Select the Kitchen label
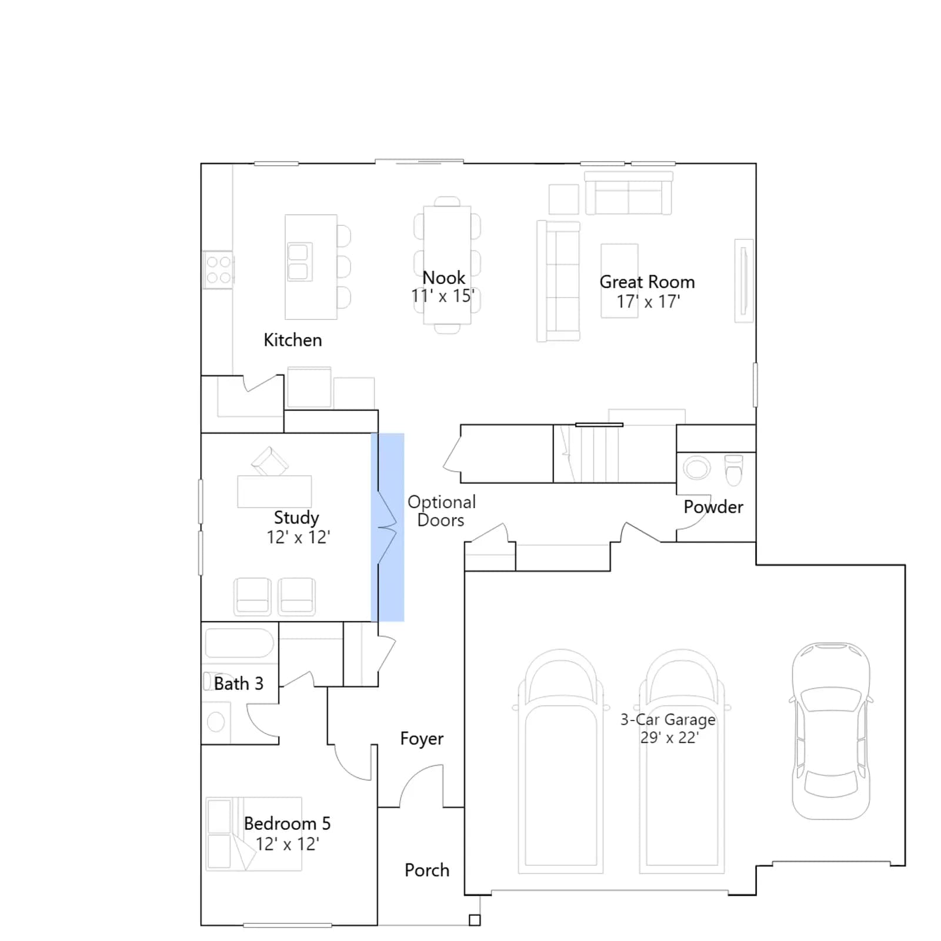[292, 340]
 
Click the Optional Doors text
[441, 511]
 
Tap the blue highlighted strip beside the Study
[388, 527]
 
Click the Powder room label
[713, 507]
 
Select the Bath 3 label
[238, 683]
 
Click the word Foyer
[422, 739]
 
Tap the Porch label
[426, 870]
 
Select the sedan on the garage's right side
[831, 730]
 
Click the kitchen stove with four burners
[218, 270]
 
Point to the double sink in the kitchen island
[299, 262]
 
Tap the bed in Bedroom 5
[253, 834]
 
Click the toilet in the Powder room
[733, 469]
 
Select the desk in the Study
[275, 491]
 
